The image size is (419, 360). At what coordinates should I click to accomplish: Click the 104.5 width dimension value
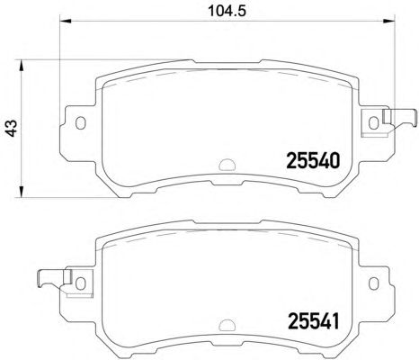coord(227,11)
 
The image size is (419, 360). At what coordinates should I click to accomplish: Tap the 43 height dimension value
coord(12,129)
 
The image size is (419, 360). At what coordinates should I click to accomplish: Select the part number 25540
coord(313,160)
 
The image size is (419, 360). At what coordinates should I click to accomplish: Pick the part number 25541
coord(313,321)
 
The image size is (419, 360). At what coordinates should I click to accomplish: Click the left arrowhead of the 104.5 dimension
coord(66,21)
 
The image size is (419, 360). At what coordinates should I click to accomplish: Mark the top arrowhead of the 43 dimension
coord(21,66)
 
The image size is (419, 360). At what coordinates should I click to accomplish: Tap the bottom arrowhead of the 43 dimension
coord(21,192)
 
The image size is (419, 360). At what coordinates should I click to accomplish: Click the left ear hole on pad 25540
coord(80,122)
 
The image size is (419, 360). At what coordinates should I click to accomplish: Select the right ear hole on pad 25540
coord(373,122)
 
